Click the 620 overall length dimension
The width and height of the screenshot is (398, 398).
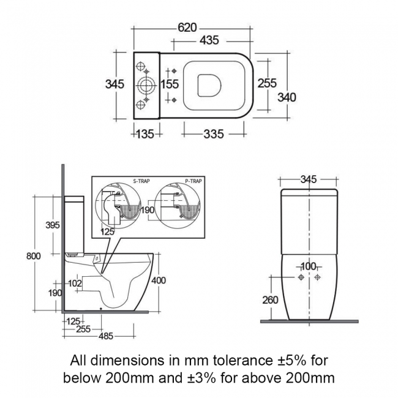(187, 28)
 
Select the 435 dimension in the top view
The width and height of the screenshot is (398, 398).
(209, 41)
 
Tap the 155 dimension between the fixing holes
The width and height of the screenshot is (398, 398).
(170, 84)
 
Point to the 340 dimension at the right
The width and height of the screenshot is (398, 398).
(287, 97)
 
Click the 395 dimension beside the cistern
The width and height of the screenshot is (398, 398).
(53, 225)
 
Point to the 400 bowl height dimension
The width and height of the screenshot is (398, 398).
(159, 280)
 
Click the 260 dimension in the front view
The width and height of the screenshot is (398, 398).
(270, 300)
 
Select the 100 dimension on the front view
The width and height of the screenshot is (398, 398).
(309, 266)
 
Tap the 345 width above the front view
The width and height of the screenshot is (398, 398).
(309, 179)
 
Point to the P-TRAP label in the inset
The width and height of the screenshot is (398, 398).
(193, 181)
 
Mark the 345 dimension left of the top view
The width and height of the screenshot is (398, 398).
(115, 84)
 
